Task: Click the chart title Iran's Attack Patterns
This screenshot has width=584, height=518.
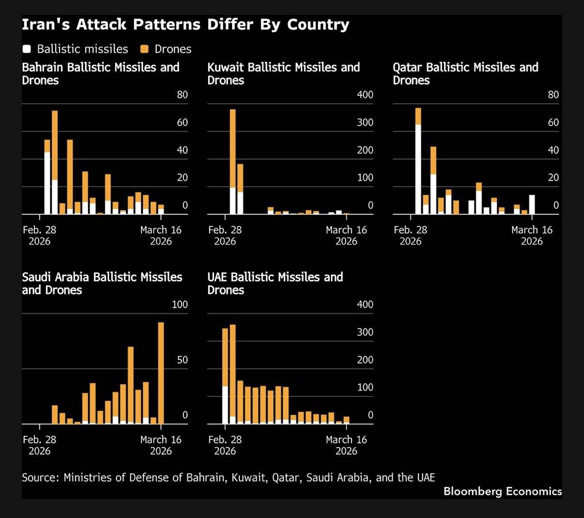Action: click(x=185, y=25)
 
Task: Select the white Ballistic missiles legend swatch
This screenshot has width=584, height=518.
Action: click(x=27, y=49)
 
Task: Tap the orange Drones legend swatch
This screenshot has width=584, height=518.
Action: click(x=144, y=49)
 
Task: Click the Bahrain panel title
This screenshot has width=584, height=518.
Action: click(x=101, y=74)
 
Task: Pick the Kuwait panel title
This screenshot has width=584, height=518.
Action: click(x=283, y=74)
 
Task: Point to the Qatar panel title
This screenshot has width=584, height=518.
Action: click(x=465, y=74)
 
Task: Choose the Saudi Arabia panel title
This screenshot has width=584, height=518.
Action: click(x=102, y=283)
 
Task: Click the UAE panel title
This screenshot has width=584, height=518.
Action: click(x=275, y=283)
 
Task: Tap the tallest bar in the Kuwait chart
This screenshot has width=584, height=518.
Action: click(x=232, y=161)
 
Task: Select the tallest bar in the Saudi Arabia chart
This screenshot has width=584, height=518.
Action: click(x=161, y=373)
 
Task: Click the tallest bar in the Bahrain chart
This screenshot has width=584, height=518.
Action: click(x=55, y=162)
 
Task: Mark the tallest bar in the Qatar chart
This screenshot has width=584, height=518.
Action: click(x=418, y=160)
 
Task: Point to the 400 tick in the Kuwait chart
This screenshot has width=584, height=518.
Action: click(x=365, y=95)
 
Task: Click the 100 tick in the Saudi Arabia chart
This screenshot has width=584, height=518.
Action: click(x=180, y=305)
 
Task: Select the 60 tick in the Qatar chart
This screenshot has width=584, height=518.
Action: click(x=553, y=123)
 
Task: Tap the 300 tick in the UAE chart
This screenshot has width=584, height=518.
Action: click(x=365, y=332)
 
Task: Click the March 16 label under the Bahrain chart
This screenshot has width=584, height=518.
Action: click(x=161, y=235)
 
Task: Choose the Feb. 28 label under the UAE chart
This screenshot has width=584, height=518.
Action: click(x=225, y=445)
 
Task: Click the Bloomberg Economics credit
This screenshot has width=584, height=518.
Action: click(x=502, y=491)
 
